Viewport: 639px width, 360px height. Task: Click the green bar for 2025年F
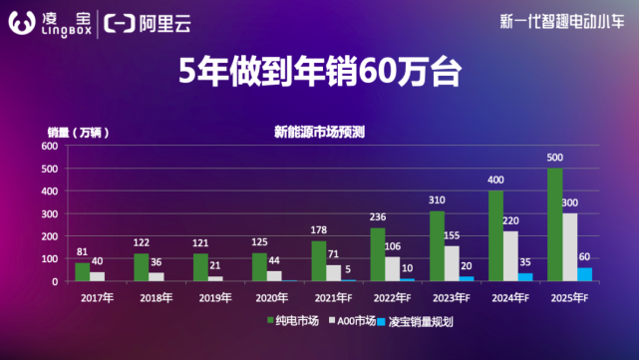pyautogui.click(x=555, y=224)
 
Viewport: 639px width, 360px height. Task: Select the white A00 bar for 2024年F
pyautogui.click(x=511, y=255)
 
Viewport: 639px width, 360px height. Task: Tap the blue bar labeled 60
pyautogui.click(x=585, y=273)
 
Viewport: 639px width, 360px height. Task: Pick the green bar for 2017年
pyautogui.click(x=83, y=271)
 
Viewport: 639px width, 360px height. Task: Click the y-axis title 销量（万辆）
pyautogui.click(x=77, y=131)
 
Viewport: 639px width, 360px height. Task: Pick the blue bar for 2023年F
pyautogui.click(x=468, y=278)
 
